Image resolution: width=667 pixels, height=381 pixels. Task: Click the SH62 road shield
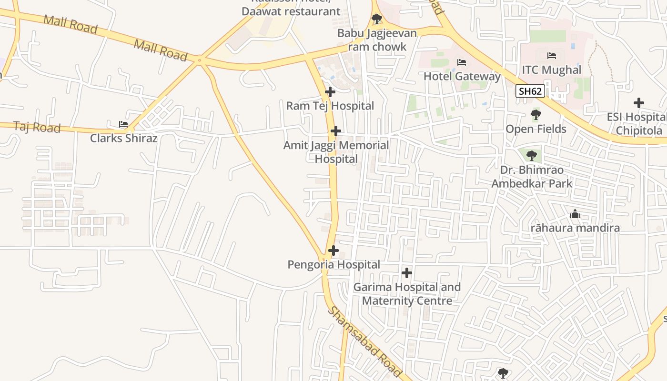coord(530,91)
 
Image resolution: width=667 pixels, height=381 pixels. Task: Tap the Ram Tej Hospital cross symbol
coord(330,92)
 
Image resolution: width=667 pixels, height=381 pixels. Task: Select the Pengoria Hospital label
coord(333,264)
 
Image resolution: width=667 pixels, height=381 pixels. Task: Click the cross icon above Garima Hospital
coord(406,273)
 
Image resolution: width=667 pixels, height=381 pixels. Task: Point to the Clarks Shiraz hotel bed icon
coord(123,124)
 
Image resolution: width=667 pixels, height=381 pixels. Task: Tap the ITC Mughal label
coord(551,70)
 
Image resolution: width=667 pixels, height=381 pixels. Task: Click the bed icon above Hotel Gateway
coord(461,62)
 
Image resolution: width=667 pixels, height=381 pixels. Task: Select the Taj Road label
coord(37,127)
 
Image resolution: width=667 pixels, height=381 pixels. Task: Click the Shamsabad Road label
coord(365,342)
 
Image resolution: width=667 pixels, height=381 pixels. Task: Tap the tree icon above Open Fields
coord(536,115)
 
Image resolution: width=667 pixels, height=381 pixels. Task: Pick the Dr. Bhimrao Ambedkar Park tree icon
coord(531,155)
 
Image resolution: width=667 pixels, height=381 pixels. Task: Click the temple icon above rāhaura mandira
coord(575,214)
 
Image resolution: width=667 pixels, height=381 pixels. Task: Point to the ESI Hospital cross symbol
coord(638,103)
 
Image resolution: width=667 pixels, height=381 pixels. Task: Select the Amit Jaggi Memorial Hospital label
coord(336,152)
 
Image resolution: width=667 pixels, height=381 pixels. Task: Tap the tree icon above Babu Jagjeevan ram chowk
coord(377,20)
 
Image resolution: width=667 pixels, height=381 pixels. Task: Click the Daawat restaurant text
coord(291,11)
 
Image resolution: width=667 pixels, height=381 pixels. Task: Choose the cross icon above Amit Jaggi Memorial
coord(336,131)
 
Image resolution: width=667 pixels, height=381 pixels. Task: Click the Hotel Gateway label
coord(462,76)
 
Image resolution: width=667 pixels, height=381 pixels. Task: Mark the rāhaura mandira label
coord(575,228)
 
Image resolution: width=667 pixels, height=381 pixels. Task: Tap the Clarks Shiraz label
coord(123,138)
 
